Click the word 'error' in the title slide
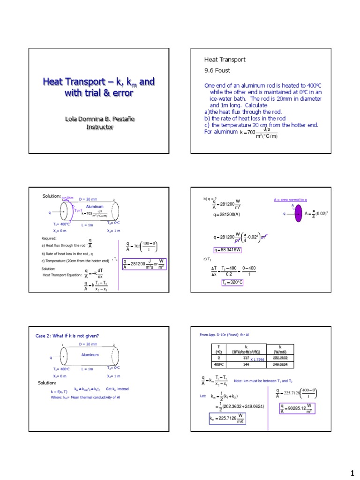121,93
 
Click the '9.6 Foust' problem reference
217,70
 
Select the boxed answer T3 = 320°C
233,283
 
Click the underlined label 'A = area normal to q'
290,200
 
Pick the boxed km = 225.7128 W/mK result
227,418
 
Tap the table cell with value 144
246,364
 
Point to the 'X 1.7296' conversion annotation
257,360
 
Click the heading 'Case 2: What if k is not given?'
67,336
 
